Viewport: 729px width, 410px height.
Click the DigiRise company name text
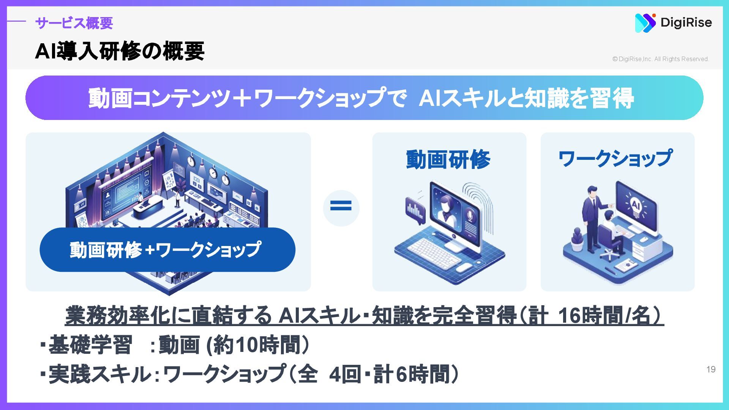click(x=686, y=22)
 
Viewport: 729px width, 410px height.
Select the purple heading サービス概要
click(x=74, y=23)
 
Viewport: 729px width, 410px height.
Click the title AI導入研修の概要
click(x=120, y=51)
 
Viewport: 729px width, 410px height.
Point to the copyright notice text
click(x=660, y=59)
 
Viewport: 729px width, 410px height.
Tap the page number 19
click(x=711, y=369)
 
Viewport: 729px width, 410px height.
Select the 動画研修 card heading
click(x=448, y=159)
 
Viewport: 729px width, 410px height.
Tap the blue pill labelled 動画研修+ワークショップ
click(x=167, y=250)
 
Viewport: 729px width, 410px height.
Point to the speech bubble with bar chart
click(x=415, y=210)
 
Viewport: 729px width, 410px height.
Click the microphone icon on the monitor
click(x=470, y=215)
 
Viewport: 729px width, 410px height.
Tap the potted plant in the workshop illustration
click(x=577, y=240)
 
